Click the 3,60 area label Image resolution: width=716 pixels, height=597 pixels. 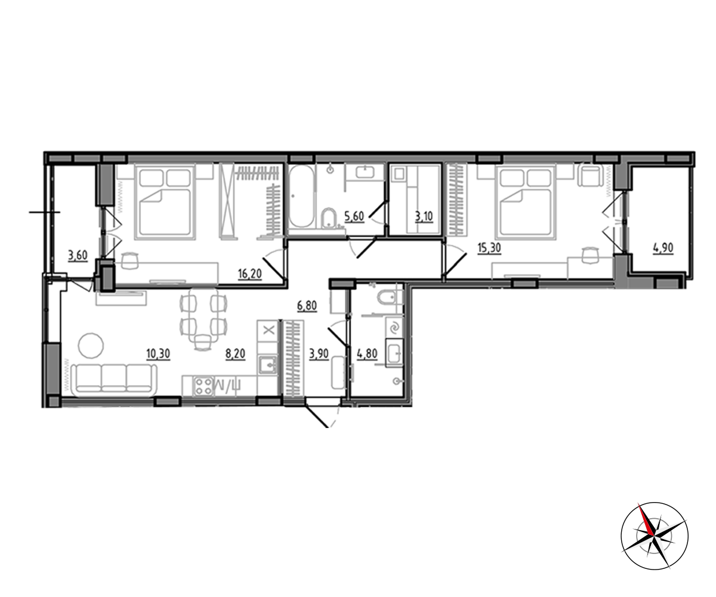pos(78,256)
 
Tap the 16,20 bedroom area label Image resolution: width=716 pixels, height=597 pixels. pos(250,274)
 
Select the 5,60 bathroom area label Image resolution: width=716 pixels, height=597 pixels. pos(354,217)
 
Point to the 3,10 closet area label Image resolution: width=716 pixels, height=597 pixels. pos(424,217)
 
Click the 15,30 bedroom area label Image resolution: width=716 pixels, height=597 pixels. pos(489,248)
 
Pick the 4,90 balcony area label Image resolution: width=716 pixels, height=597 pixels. pos(663,248)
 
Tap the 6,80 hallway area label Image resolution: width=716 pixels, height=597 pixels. pos(307,305)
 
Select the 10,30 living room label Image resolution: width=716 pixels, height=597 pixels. pos(158,354)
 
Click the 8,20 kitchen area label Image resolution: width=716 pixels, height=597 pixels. pos(236,354)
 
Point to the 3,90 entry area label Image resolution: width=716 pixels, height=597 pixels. pos(319,354)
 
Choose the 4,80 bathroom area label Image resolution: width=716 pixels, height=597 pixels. pos(368,354)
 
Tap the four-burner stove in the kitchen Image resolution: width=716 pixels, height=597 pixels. pos(203,386)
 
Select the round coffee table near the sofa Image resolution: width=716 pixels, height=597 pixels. pos(91,345)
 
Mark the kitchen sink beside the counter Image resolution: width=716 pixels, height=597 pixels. pos(268,365)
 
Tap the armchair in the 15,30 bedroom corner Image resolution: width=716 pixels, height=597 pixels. pos(591,175)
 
